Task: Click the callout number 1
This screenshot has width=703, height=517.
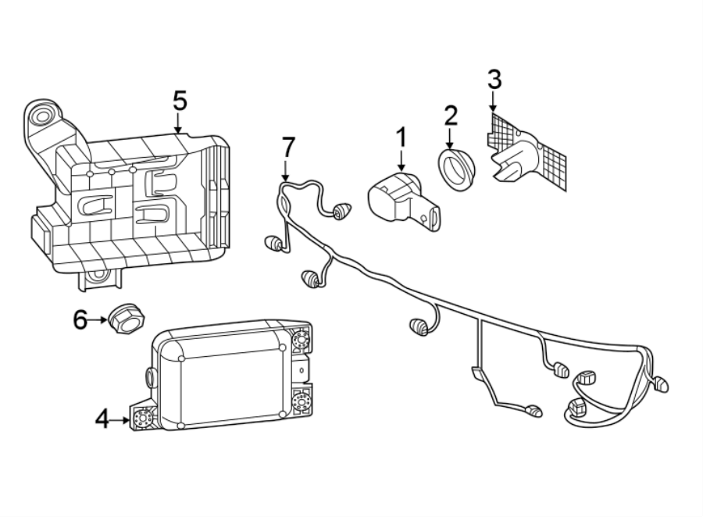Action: point(401,138)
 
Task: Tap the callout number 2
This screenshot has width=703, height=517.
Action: point(451,116)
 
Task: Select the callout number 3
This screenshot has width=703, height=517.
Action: point(494,80)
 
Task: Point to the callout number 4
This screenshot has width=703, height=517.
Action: point(102,419)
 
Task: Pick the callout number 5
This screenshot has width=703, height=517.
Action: point(180,101)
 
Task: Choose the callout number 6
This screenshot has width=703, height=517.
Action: point(81,319)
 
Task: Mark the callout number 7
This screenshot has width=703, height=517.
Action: point(288,146)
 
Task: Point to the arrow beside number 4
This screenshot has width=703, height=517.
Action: point(122,419)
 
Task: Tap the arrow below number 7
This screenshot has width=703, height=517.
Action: point(285,171)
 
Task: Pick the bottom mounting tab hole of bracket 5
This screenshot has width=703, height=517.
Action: point(97,275)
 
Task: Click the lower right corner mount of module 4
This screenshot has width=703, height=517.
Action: point(300,402)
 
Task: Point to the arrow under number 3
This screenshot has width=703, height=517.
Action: point(493,102)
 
